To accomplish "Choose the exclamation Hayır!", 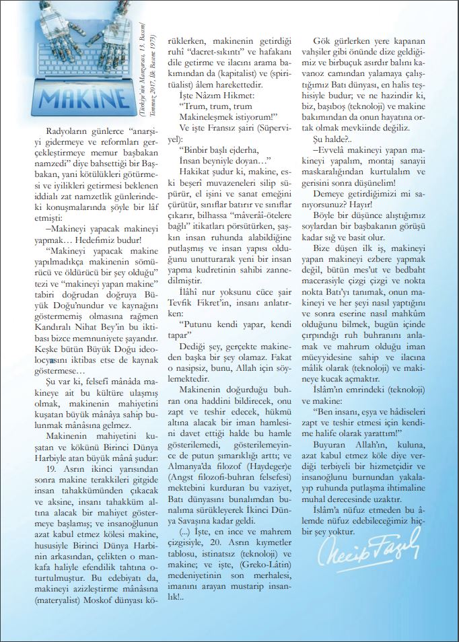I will point(386,201).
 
